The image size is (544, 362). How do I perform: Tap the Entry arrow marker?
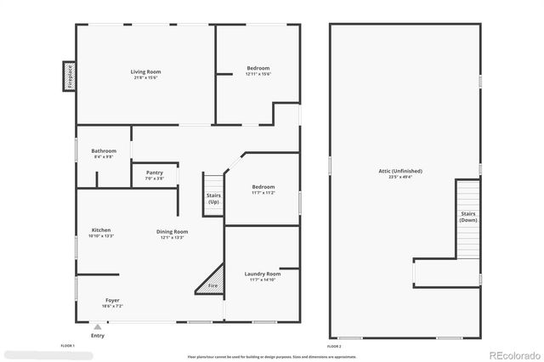[x=98, y=326]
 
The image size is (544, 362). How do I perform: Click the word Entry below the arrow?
[x=98, y=336]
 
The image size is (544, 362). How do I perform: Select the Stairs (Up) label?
[x=213, y=198]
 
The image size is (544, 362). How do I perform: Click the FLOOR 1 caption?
[x=68, y=347]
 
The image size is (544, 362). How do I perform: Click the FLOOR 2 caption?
[x=334, y=347]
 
